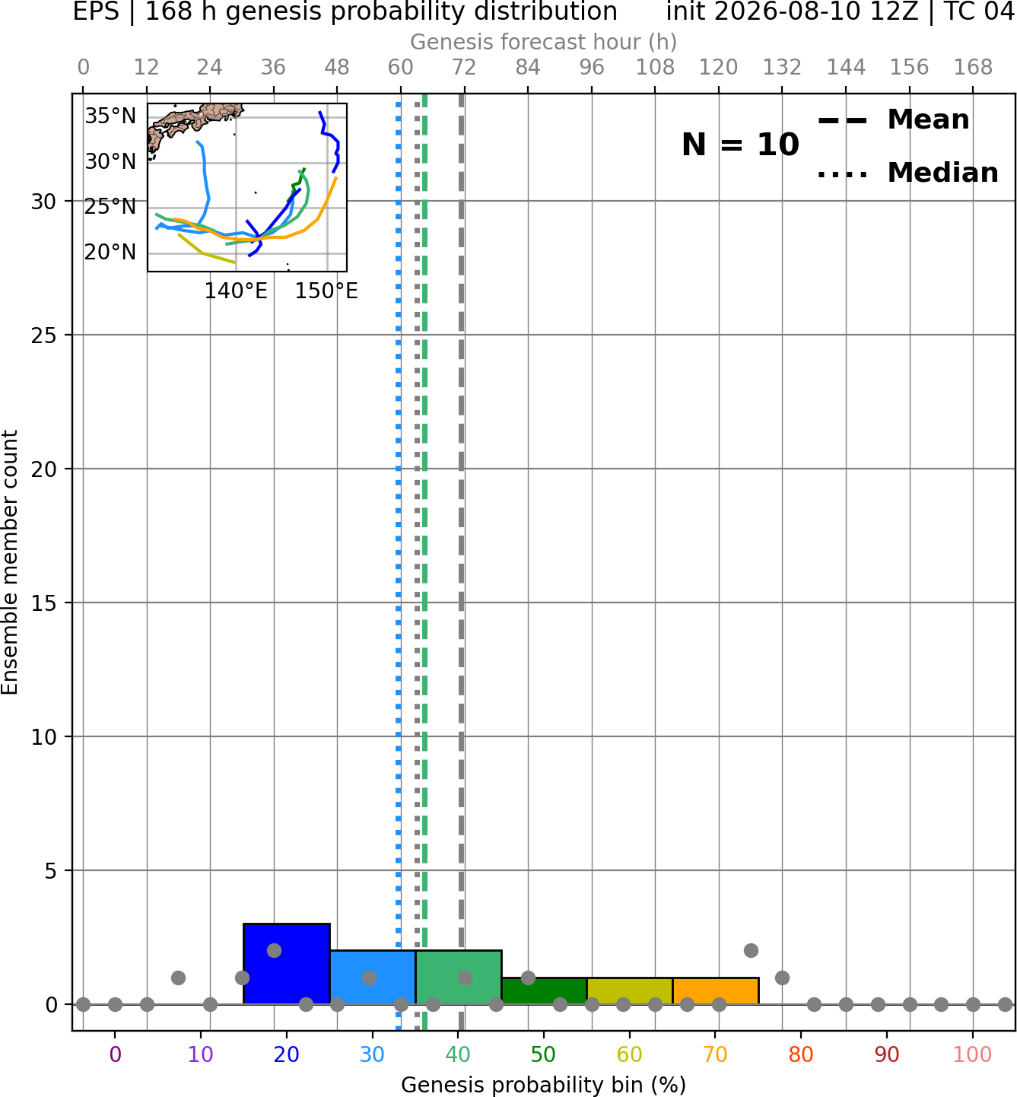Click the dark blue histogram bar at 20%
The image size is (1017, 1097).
pos(287,963)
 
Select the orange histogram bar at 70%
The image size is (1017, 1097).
pos(716,990)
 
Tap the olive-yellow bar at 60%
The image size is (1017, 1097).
pos(630,990)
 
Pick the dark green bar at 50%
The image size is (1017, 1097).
pos(544,990)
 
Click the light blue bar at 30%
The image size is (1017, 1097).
pos(373,977)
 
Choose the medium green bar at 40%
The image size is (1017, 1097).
pos(459,977)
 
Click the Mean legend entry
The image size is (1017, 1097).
pos(893,119)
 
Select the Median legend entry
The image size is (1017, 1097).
pos(907,173)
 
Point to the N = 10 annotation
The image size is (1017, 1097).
pos(740,145)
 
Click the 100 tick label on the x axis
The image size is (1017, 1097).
pos(973,1054)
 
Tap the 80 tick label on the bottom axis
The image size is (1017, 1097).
pos(801,1054)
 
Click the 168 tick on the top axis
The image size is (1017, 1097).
pos(973,68)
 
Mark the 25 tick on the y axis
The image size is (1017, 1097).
pos(44,335)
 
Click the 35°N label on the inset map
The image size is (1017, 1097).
pos(110,116)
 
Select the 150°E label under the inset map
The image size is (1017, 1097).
pos(326,291)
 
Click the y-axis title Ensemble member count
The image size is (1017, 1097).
pos(9,562)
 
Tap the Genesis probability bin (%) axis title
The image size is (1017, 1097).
pos(544,1085)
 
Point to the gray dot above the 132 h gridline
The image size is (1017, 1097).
pos(782,978)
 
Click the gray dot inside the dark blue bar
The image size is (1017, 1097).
pos(274,951)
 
